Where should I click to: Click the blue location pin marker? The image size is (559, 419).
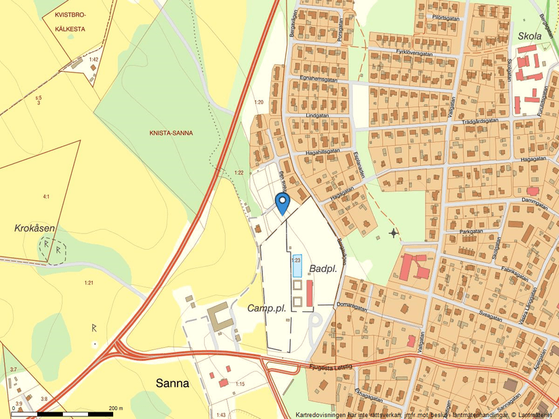pyautogui.click(x=283, y=202)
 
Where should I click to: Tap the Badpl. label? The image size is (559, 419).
pyautogui.click(x=323, y=269)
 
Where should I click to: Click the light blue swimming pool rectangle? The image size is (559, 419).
pyautogui.click(x=296, y=265)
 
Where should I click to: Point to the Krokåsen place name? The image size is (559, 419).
pyautogui.click(x=35, y=228)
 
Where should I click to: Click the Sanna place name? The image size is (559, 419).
pyautogui.click(x=172, y=383)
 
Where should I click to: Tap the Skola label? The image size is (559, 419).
pyautogui.click(x=529, y=35)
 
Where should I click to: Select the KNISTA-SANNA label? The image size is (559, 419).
pyautogui.click(x=171, y=133)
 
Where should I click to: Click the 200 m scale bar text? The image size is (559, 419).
pyautogui.click(x=115, y=408)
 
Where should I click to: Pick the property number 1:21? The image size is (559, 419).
pyautogui.click(x=88, y=282)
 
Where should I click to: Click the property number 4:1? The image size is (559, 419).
pyautogui.click(x=46, y=197)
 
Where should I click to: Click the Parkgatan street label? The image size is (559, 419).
pyautogui.click(x=470, y=231)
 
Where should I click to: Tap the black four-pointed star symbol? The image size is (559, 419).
pyautogui.click(x=394, y=234)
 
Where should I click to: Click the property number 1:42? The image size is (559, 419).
pyautogui.click(x=94, y=60)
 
